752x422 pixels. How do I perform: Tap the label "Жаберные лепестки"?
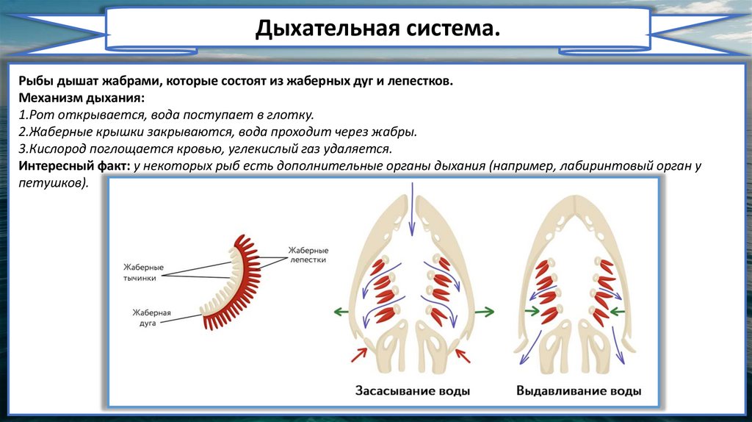click(x=307, y=255)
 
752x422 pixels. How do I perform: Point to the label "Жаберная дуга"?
click(x=152, y=318)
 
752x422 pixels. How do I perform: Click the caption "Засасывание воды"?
click(x=413, y=391)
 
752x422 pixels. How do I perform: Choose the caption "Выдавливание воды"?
click(x=579, y=391)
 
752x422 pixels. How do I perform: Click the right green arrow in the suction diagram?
click(x=485, y=312)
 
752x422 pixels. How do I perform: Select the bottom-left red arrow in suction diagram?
click(x=358, y=355)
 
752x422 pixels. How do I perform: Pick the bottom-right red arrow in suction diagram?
click(x=464, y=355)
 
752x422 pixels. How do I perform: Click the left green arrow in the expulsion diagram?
click(x=531, y=312)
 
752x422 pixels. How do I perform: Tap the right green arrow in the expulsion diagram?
click(x=626, y=312)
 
